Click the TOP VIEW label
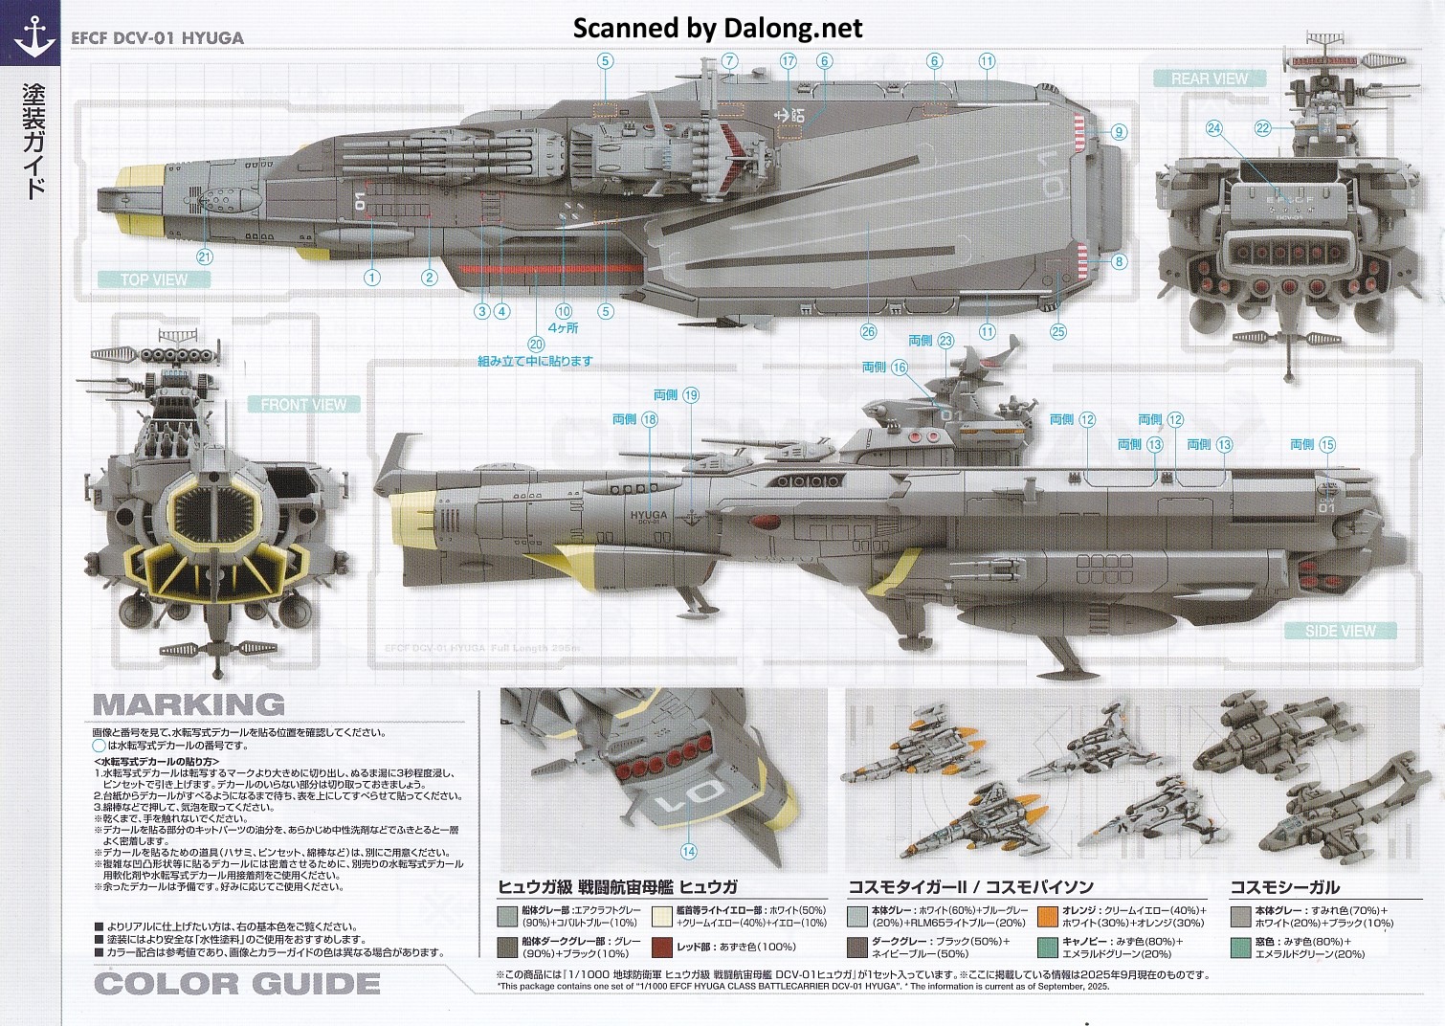pos(154,279)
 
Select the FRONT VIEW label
pos(303,404)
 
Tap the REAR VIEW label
pos(1210,78)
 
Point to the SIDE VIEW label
pos(1340,631)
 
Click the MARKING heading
pos(189,705)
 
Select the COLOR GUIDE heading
pos(237,983)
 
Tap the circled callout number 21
pos(204,256)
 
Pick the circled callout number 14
pos(689,852)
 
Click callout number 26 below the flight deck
pos(868,332)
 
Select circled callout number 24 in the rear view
pos(1214,128)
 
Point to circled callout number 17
pos(788,60)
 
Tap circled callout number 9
pos(1119,132)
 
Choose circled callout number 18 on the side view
pos(650,419)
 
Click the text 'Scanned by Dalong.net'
pos(718,28)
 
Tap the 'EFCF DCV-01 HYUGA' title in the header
pos(157,38)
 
